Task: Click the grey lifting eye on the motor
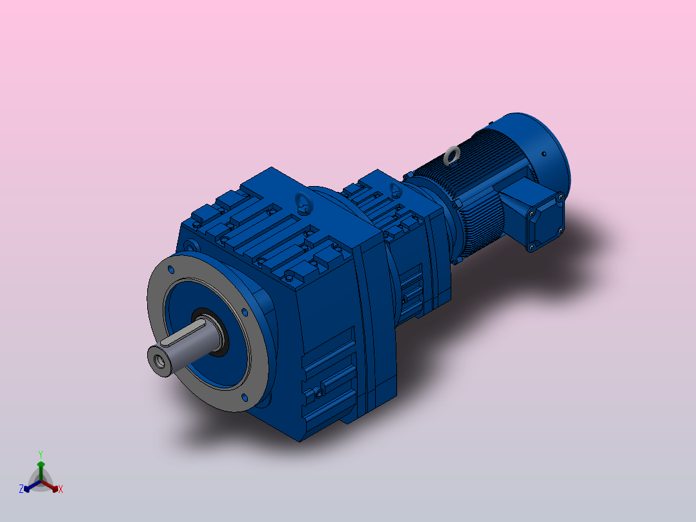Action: click(x=453, y=155)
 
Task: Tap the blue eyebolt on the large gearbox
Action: click(x=302, y=204)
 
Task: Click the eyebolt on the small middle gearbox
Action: click(x=395, y=189)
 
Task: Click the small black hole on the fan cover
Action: click(x=544, y=154)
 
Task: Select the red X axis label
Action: click(x=61, y=490)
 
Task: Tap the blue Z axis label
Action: click(x=21, y=489)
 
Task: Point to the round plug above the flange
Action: click(x=190, y=246)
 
